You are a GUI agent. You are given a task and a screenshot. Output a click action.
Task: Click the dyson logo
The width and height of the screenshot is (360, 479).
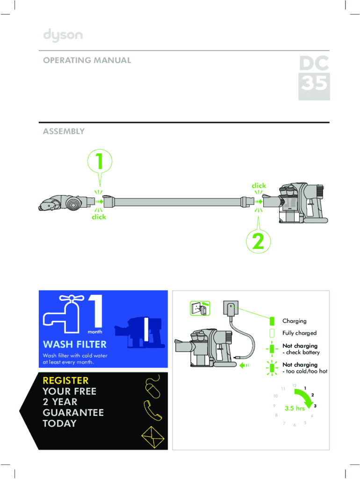tap(63, 35)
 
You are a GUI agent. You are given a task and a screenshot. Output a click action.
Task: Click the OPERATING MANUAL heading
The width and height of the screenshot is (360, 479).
tap(87, 60)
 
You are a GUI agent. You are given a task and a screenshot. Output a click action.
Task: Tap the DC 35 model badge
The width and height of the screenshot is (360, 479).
tap(314, 78)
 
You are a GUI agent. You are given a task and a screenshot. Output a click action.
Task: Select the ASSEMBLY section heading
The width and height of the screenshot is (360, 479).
tap(64, 131)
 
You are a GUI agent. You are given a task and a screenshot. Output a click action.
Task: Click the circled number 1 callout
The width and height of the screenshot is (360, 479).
tap(100, 161)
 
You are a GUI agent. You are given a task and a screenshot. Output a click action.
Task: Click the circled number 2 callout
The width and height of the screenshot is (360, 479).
tap(259, 241)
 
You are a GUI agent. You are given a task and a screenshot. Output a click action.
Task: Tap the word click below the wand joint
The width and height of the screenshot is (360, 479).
tap(99, 217)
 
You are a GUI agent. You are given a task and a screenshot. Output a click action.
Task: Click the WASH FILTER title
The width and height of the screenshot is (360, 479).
tap(75, 344)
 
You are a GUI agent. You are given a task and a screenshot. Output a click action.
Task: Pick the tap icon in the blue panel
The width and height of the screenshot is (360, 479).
tap(64, 314)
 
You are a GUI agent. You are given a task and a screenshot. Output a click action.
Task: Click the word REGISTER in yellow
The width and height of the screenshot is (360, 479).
tap(65, 380)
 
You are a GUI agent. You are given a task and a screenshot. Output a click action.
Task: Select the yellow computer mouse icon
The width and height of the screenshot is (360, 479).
tap(153, 387)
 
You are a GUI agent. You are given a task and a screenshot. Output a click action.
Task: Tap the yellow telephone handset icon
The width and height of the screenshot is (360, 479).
tap(152, 410)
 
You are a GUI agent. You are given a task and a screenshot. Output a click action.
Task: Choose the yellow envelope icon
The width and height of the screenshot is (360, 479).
tap(153, 437)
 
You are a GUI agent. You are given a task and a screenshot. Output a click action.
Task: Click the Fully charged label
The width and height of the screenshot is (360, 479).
tap(299, 333)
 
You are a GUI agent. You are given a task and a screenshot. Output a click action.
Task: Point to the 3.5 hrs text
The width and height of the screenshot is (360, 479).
tap(295, 408)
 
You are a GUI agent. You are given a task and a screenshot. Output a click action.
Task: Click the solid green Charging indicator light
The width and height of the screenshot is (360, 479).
tap(272, 321)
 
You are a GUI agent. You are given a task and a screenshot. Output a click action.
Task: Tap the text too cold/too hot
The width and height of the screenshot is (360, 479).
tap(307, 371)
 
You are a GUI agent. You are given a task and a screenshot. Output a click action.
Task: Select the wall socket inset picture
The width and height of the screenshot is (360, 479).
tap(200, 308)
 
